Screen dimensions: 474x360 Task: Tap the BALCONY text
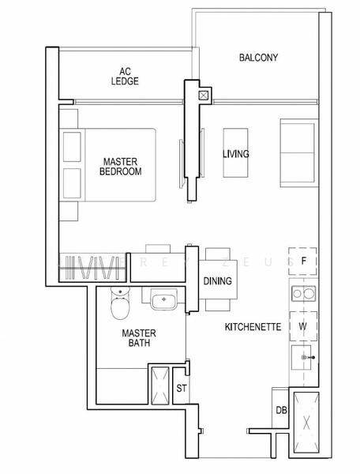[259, 58]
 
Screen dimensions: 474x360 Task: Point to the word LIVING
[235, 154]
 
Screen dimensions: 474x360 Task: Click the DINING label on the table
[216, 280]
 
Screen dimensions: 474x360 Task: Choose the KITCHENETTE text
[253, 326]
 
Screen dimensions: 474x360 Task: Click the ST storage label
[181, 388]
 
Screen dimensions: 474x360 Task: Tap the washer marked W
[303, 324]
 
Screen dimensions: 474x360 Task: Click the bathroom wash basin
[163, 301]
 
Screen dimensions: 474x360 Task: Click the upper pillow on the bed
[73, 145]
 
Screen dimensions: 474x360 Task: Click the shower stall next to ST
[161, 386]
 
